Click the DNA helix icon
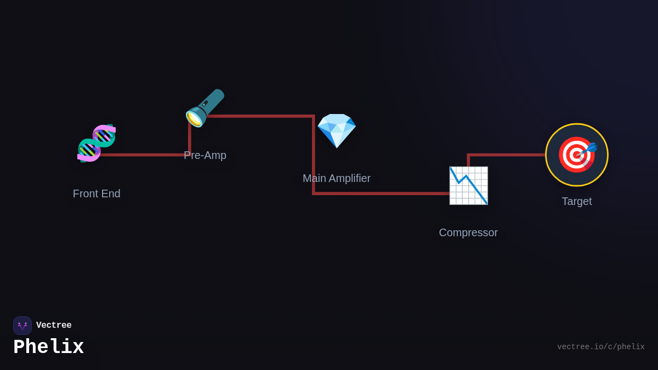(97, 144)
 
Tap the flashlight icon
(205, 107)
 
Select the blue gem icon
(337, 130)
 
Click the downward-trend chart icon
(468, 185)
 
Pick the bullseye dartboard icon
(576, 155)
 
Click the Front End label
(97, 193)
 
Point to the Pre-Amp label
(205, 155)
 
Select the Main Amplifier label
(337, 178)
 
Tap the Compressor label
(468, 232)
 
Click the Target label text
(577, 201)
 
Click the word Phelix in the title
(48, 347)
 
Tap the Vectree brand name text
(54, 325)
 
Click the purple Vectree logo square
(22, 326)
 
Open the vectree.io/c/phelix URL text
(600, 347)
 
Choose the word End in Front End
(111, 193)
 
